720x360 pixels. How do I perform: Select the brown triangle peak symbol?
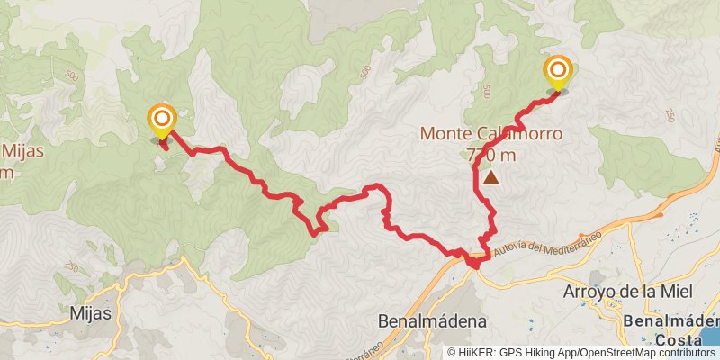490,178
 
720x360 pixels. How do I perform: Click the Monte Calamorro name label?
491,134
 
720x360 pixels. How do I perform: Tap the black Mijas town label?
90,314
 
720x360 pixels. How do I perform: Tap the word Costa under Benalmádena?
679,339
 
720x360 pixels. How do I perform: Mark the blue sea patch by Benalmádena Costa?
712,334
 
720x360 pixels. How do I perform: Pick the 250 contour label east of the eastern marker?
670,114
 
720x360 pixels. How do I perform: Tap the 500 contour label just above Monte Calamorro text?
486,92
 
